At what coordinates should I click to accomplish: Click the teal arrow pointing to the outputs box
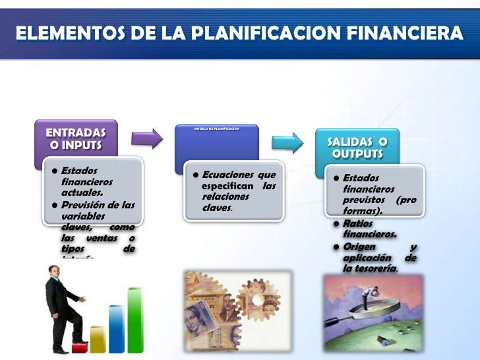coord(289,142)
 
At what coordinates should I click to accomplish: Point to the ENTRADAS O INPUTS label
coord(76,137)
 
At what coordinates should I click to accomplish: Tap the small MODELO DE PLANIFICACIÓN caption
coord(217,129)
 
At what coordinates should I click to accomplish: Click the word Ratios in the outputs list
coord(358,224)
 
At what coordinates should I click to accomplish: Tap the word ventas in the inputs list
coord(104,237)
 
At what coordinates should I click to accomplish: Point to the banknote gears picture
coord(235,309)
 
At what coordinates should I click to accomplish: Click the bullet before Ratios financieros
coord(337,224)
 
